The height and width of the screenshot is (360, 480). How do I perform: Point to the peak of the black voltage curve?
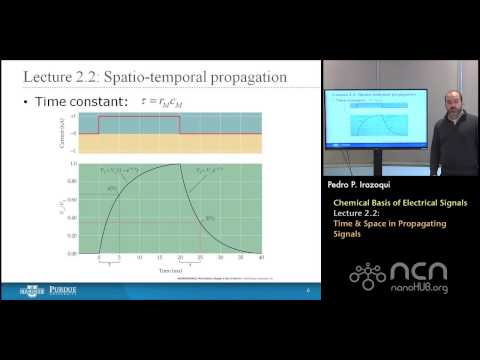179,165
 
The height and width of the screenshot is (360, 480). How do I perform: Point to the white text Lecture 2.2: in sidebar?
357,214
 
